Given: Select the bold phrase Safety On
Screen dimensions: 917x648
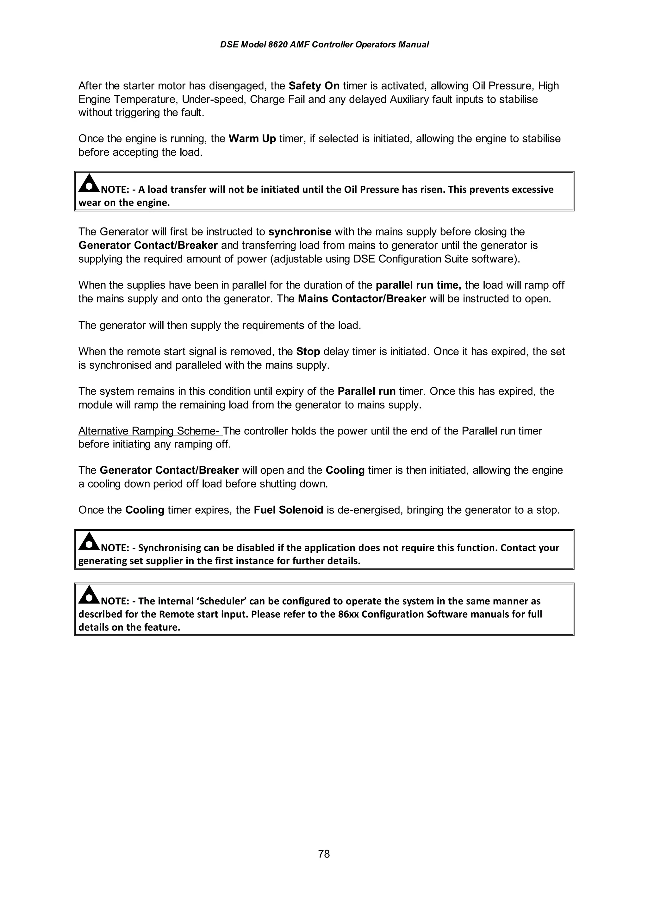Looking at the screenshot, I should coord(314,86).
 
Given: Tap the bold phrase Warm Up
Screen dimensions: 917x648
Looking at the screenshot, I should coord(252,139).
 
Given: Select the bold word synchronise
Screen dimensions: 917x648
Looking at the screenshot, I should coord(300,232).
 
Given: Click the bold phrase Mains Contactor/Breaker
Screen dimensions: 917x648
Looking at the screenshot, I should coord(362,299).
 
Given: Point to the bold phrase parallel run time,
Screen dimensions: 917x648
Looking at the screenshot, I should coord(418,285).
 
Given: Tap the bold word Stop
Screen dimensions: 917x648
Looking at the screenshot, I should coord(308,352).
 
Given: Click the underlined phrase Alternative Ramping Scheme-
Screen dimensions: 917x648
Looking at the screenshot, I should coord(150,431).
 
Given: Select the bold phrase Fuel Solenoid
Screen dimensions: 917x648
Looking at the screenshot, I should coord(288,510).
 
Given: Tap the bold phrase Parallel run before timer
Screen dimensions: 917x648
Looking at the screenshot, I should coord(366,391).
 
